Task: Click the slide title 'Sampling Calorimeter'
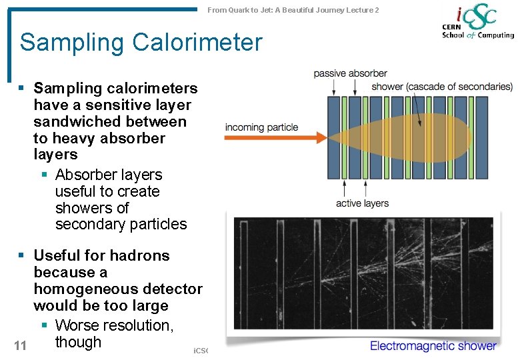pyautogui.click(x=141, y=43)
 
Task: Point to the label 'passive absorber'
pyautogui.click(x=350, y=73)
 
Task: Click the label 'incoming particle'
pyautogui.click(x=261, y=127)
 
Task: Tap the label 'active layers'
pyautogui.click(x=362, y=203)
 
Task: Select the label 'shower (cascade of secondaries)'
pyautogui.click(x=442, y=87)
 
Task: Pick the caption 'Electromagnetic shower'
pyautogui.click(x=433, y=345)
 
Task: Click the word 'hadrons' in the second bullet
pyautogui.click(x=140, y=256)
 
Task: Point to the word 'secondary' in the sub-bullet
pyautogui.click(x=87, y=225)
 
